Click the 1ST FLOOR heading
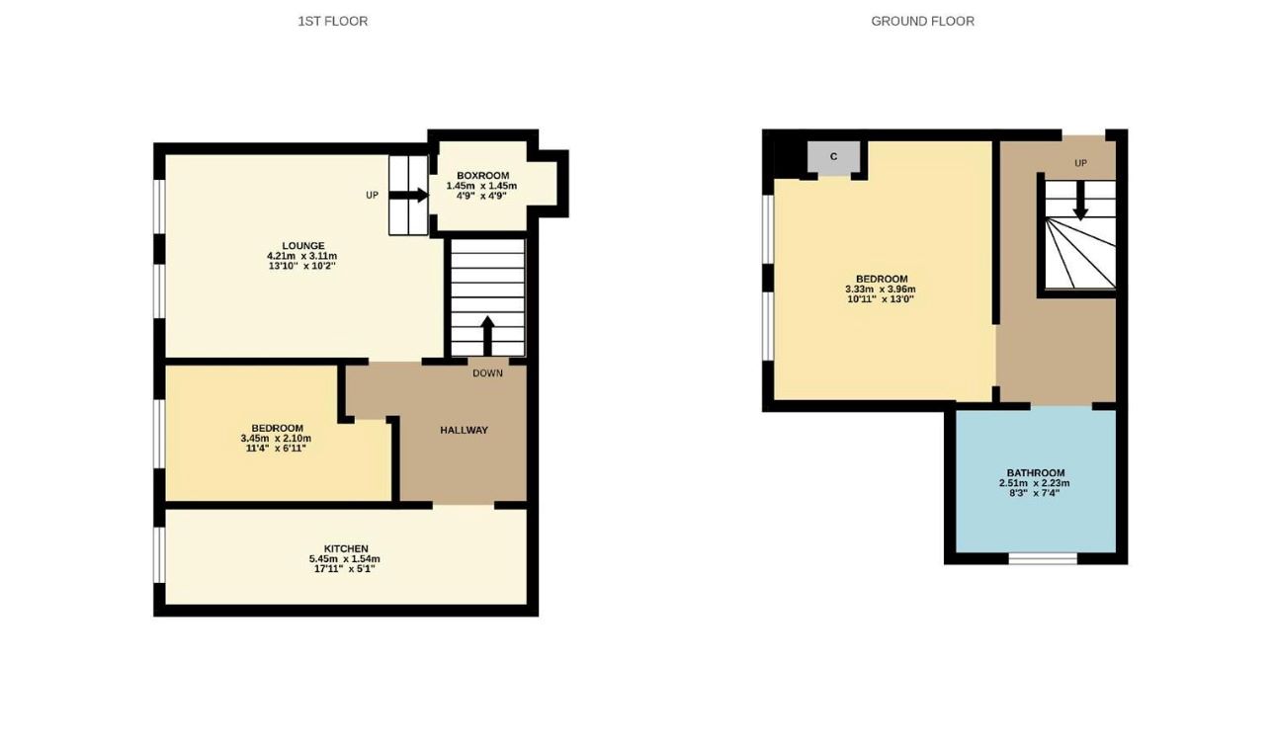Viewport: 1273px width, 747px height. pyautogui.click(x=332, y=21)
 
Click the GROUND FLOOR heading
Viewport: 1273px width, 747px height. pyautogui.click(x=922, y=21)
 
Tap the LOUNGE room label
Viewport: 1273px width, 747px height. pyautogui.click(x=302, y=245)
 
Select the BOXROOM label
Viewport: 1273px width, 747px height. pyautogui.click(x=482, y=176)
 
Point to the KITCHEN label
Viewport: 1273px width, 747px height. pyautogui.click(x=346, y=548)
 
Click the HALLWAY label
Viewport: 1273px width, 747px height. pyautogui.click(x=464, y=430)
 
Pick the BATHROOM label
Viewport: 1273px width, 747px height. pyautogui.click(x=1036, y=472)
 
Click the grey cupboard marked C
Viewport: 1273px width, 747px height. pyautogui.click(x=834, y=157)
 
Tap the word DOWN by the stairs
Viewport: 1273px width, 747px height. pyautogui.click(x=487, y=373)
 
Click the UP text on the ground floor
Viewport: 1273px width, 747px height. pyautogui.click(x=1080, y=163)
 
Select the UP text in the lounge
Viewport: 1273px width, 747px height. pyautogui.click(x=372, y=195)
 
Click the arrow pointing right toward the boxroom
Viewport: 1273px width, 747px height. pyautogui.click(x=408, y=195)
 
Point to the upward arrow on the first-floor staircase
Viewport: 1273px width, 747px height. pyautogui.click(x=487, y=336)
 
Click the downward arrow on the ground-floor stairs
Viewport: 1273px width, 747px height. pyautogui.click(x=1079, y=202)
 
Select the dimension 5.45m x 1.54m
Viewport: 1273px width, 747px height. pyautogui.click(x=344, y=558)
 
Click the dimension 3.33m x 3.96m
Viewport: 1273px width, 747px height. pyautogui.click(x=881, y=290)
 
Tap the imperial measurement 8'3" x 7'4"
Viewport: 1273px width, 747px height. pyautogui.click(x=1035, y=493)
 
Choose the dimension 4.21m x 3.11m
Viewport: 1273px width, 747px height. pyautogui.click(x=301, y=256)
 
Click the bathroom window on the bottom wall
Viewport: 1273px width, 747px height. pyautogui.click(x=1043, y=558)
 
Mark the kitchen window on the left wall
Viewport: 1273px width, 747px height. pyautogui.click(x=160, y=555)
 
